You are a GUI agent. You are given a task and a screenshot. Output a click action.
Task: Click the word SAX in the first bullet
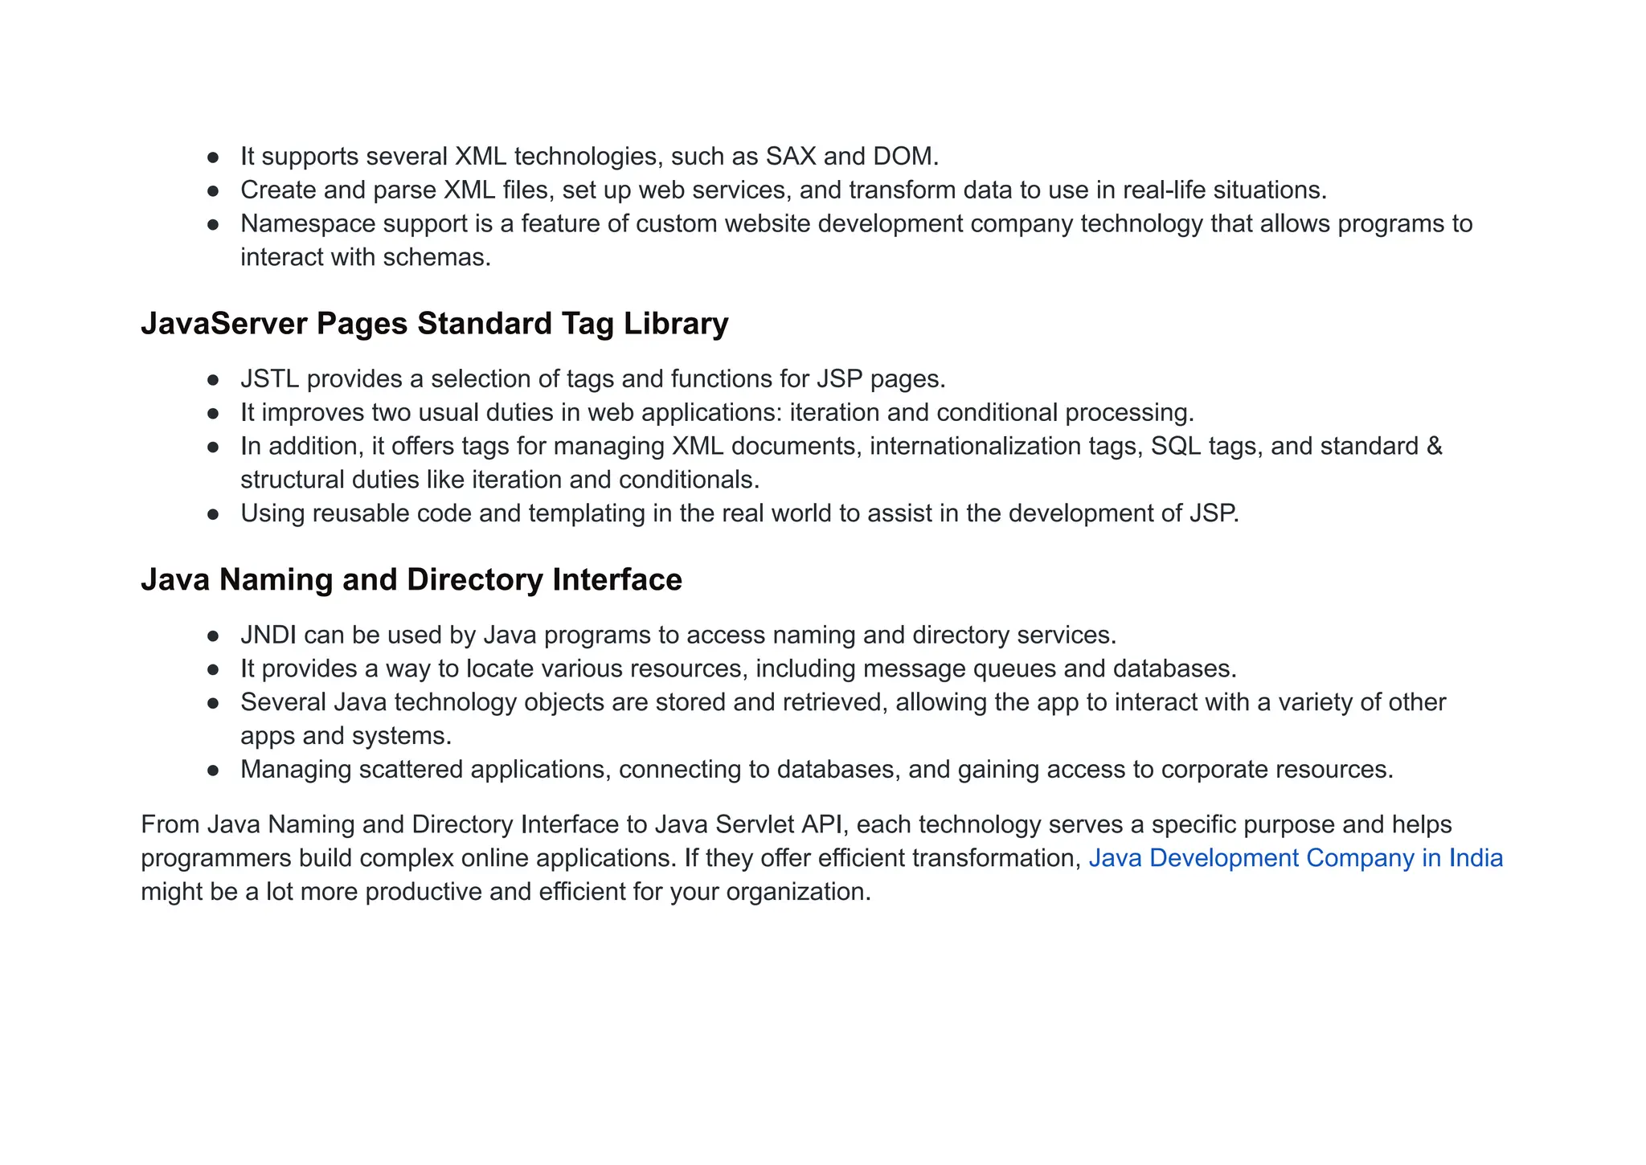pos(790,156)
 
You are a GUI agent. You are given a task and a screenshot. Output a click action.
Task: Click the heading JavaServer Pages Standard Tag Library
pos(434,323)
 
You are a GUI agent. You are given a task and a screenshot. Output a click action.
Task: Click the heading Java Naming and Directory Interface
pos(411,579)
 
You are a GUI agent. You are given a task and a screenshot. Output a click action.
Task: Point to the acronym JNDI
pos(268,635)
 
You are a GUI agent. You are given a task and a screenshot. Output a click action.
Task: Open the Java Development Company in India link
pos(1296,858)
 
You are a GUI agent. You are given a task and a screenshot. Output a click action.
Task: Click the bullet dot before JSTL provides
pos(213,379)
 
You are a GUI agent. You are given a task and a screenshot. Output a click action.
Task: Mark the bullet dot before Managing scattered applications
pos(213,770)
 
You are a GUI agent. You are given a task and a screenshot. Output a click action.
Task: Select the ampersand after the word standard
pos(1434,446)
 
